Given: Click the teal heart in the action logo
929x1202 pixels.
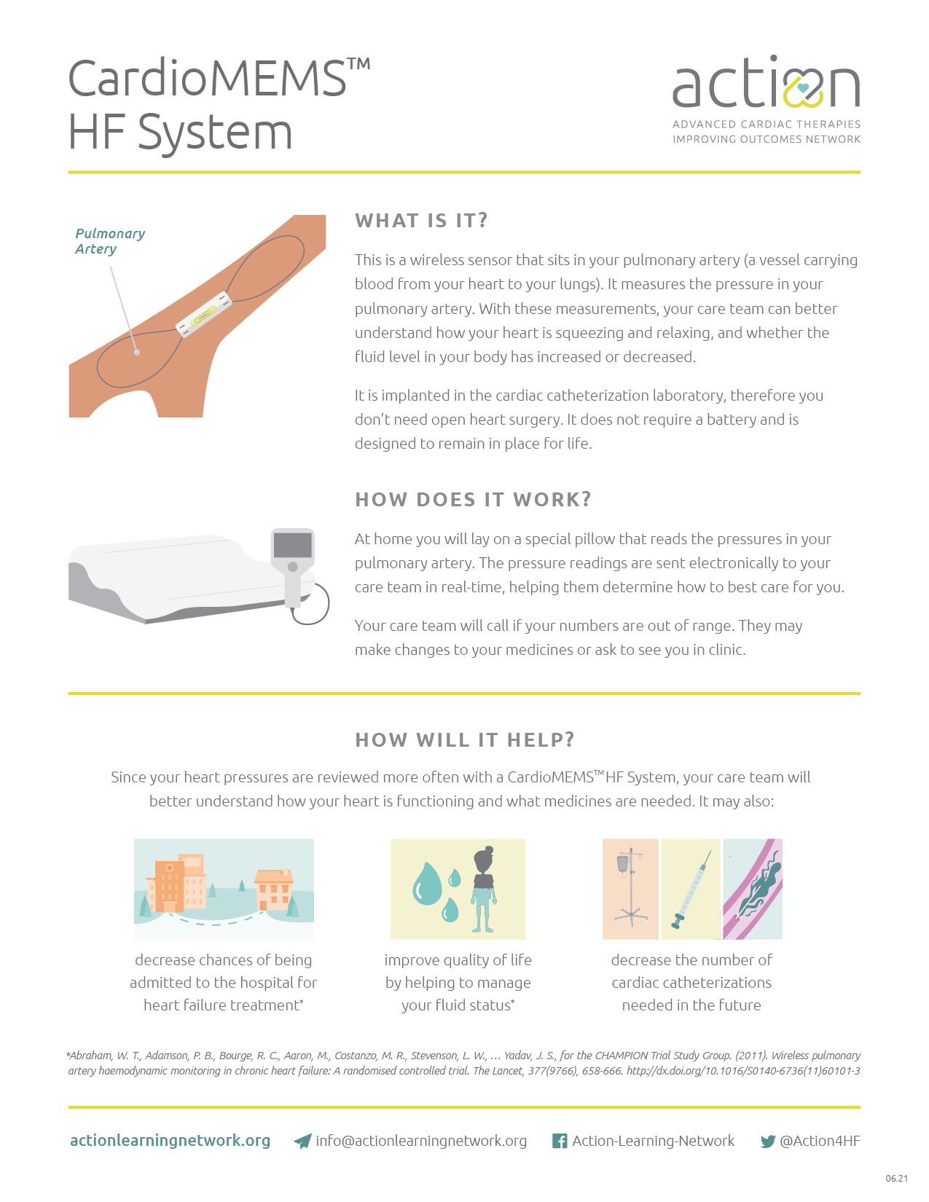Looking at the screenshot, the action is (x=803, y=87).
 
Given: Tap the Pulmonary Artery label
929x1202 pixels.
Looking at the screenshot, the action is (x=109, y=241).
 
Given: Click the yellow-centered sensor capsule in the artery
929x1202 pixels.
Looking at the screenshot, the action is (x=203, y=314).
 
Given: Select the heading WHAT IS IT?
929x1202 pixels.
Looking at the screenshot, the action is (x=421, y=220).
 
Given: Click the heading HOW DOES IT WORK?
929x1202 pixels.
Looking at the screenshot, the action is (x=473, y=499).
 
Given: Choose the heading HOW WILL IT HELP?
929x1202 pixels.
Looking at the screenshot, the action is (x=465, y=739).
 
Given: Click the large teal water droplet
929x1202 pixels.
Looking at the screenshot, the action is (x=427, y=883).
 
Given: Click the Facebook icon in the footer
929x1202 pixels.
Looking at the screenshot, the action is (x=560, y=1141).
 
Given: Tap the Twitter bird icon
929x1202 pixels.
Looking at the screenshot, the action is (x=767, y=1141).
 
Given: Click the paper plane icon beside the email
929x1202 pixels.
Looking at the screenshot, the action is (x=302, y=1141).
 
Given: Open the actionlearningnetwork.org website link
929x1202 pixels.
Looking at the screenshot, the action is (x=170, y=1140).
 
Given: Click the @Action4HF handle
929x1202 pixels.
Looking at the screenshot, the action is (x=820, y=1141).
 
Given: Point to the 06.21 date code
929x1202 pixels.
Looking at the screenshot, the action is (x=896, y=1178).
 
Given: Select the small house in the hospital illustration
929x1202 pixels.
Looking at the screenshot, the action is (x=273, y=889).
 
